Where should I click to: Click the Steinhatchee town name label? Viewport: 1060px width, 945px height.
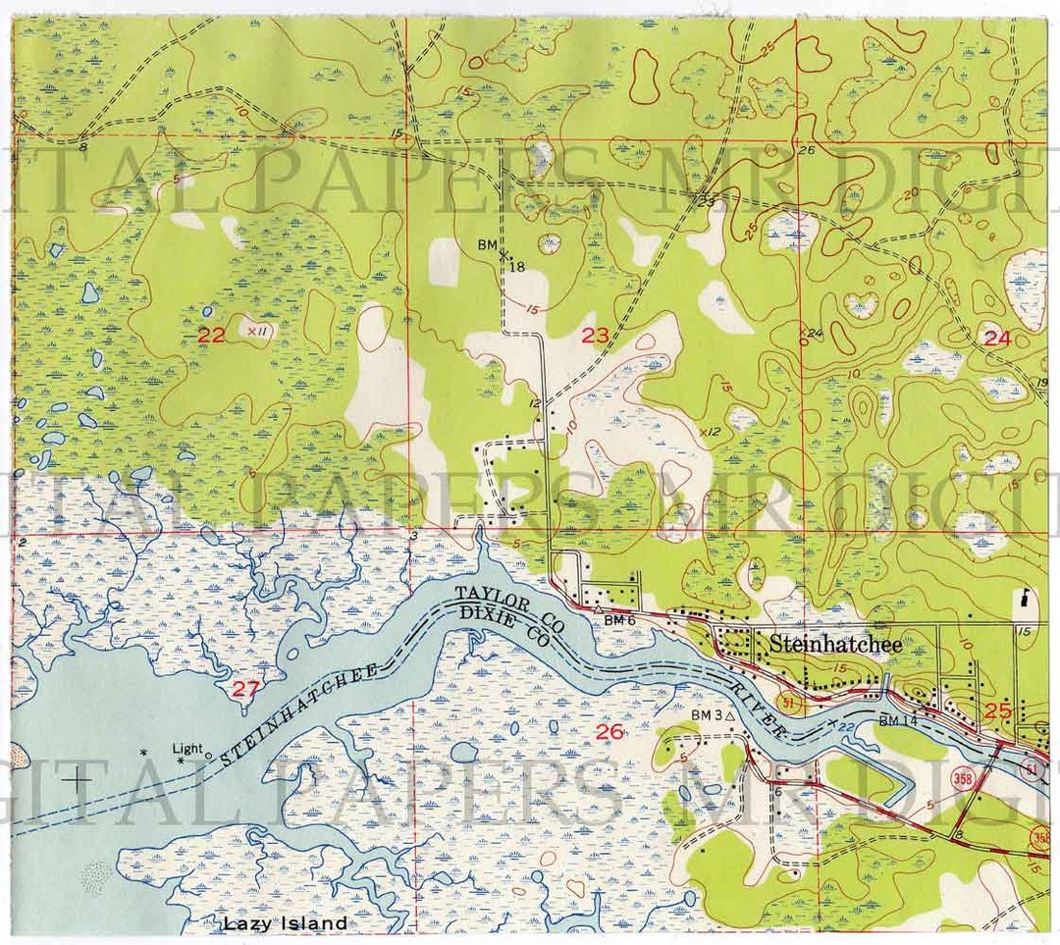pos(835,645)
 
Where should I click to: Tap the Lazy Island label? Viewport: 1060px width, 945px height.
pos(284,923)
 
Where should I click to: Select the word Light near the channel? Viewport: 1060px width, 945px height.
pos(186,749)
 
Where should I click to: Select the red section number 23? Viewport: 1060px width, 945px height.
pos(595,336)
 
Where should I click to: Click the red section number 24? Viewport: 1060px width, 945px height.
pos(996,339)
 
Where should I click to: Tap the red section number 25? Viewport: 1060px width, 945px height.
pos(997,711)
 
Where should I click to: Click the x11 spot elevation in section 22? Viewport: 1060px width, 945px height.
pos(257,332)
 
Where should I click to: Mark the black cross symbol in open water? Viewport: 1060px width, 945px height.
pos(76,781)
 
